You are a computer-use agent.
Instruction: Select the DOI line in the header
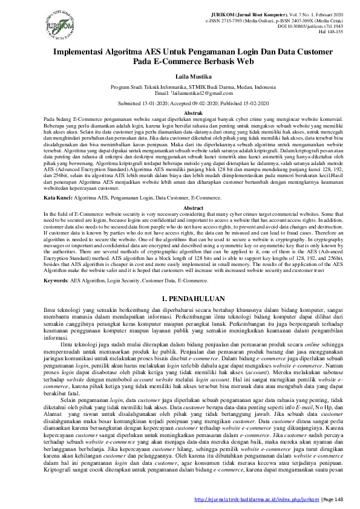click(x=310, y=26)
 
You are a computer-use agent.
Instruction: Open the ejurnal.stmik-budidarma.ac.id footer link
click(x=257, y=499)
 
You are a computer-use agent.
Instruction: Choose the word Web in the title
click(x=247, y=62)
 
